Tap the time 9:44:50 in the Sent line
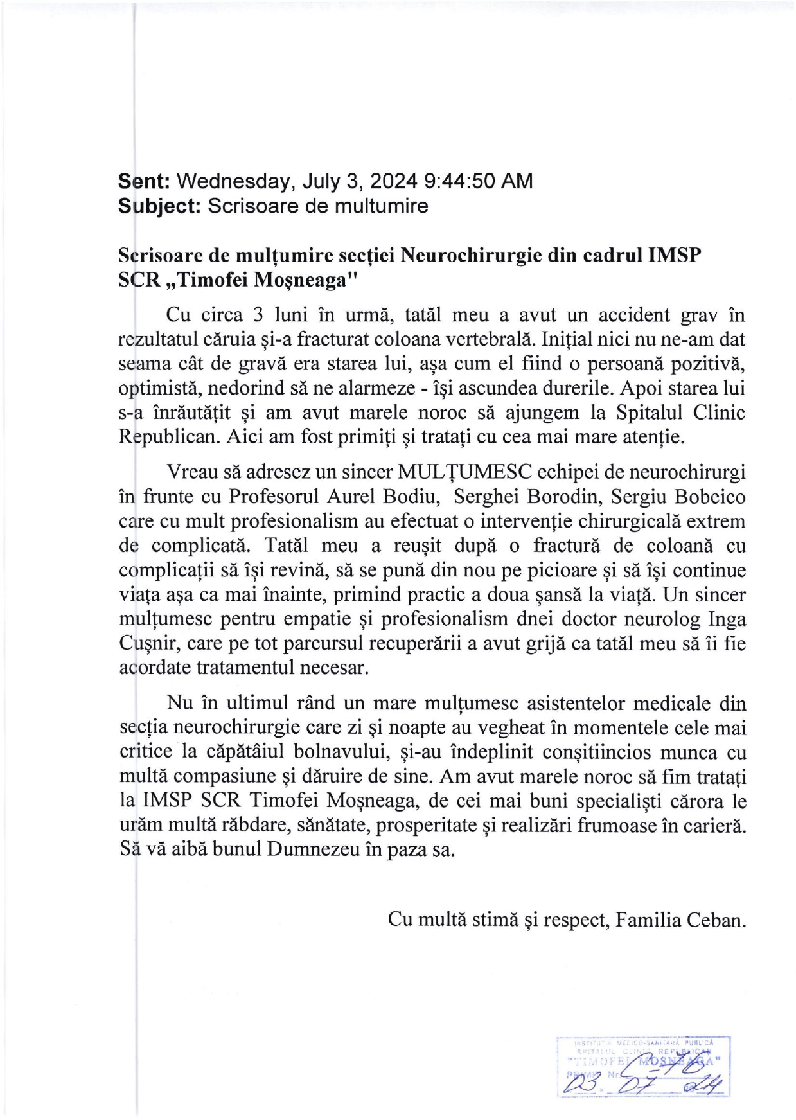pos(459,181)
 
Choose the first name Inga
pos(727,619)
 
